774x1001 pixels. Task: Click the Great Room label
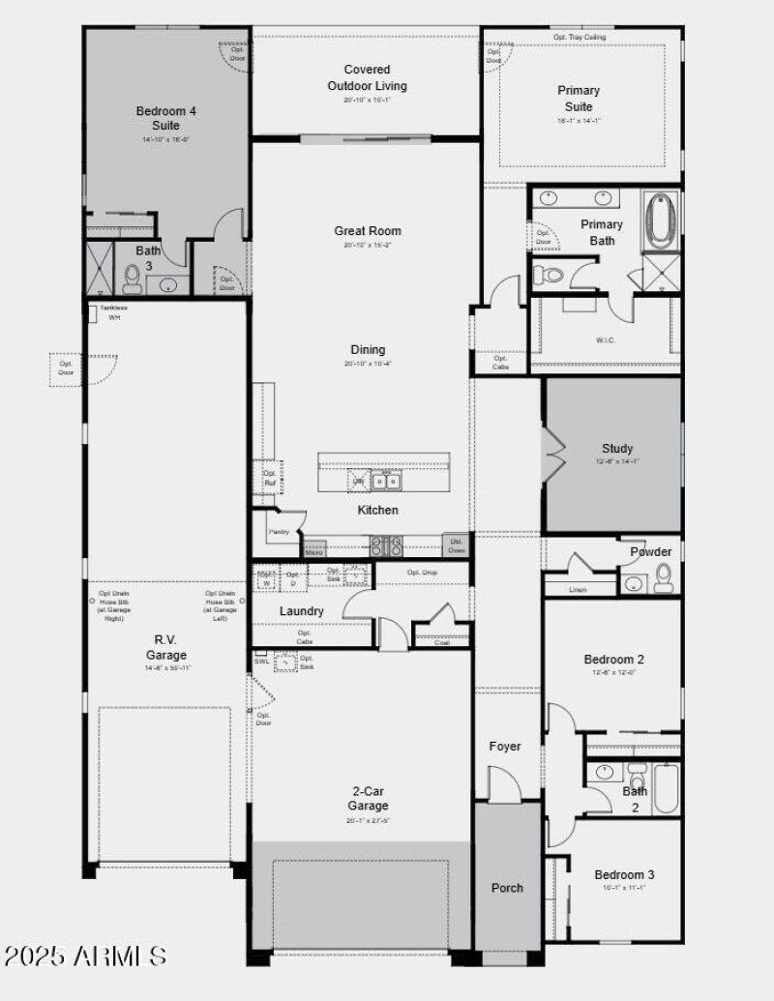(x=368, y=231)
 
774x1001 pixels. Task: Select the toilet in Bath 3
(x=133, y=280)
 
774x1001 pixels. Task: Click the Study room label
(x=617, y=449)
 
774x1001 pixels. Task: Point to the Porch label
(x=507, y=888)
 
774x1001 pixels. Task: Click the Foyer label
(x=504, y=747)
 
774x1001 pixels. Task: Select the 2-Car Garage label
(x=368, y=799)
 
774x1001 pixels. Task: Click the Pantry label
(x=279, y=532)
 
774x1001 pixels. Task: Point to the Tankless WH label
(x=113, y=312)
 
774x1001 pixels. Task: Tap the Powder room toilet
(x=664, y=578)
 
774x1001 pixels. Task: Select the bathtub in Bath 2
(x=665, y=788)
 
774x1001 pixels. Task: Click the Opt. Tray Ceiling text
(x=580, y=37)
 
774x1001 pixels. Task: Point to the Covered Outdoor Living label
(x=367, y=77)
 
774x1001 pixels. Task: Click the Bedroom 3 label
(x=624, y=875)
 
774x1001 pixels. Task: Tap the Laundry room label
(x=302, y=611)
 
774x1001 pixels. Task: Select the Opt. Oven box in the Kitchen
(x=456, y=545)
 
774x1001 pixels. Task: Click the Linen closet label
(x=578, y=589)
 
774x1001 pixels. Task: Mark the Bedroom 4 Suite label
(x=165, y=118)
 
